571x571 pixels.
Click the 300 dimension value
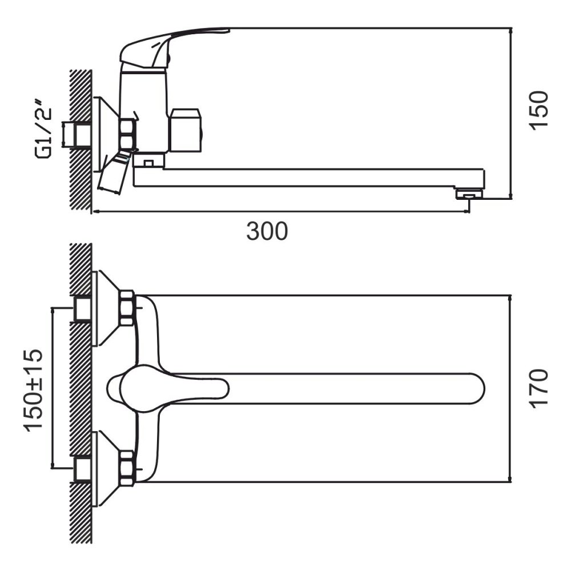click(x=267, y=231)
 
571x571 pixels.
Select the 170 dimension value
click(x=538, y=388)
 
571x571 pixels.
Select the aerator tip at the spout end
click(x=470, y=194)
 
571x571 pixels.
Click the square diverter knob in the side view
click(x=186, y=130)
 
